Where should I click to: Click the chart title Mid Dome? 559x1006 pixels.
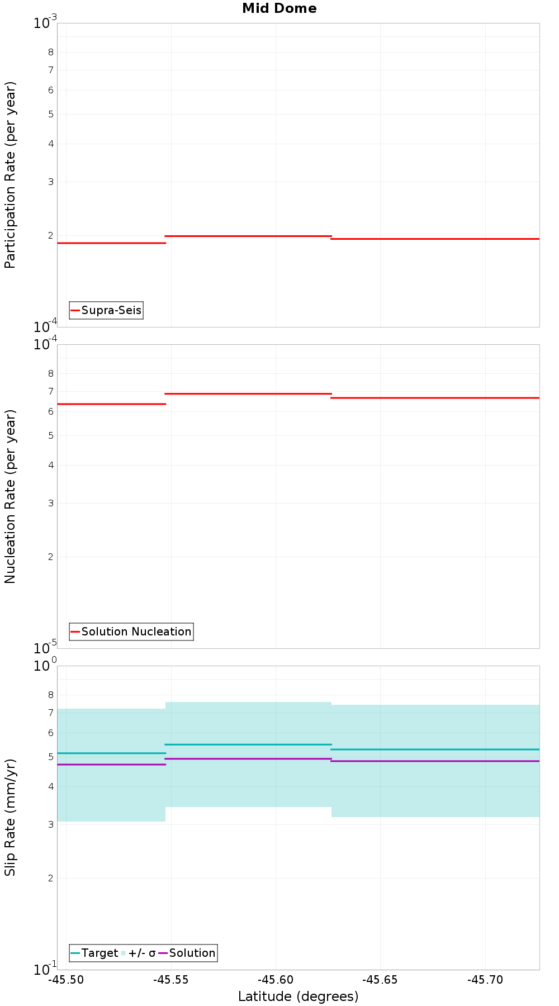(279, 8)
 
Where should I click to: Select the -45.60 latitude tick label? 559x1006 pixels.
(276, 980)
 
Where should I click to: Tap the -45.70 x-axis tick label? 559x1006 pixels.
(485, 980)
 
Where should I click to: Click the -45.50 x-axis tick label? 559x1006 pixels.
(66, 980)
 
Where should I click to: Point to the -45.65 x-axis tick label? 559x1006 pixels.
(380, 980)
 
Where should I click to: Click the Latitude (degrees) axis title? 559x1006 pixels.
(298, 996)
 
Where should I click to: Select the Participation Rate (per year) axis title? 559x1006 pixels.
(10, 175)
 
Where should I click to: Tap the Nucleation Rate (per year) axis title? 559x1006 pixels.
(10, 496)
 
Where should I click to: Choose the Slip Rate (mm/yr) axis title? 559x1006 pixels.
(10, 817)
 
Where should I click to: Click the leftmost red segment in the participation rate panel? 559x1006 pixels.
(111, 243)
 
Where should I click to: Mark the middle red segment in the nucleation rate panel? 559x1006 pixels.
(248, 394)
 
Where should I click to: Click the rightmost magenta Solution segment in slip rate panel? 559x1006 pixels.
(435, 761)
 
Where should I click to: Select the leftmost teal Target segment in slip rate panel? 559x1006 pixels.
(111, 753)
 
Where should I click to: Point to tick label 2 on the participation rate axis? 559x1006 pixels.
(50, 236)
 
